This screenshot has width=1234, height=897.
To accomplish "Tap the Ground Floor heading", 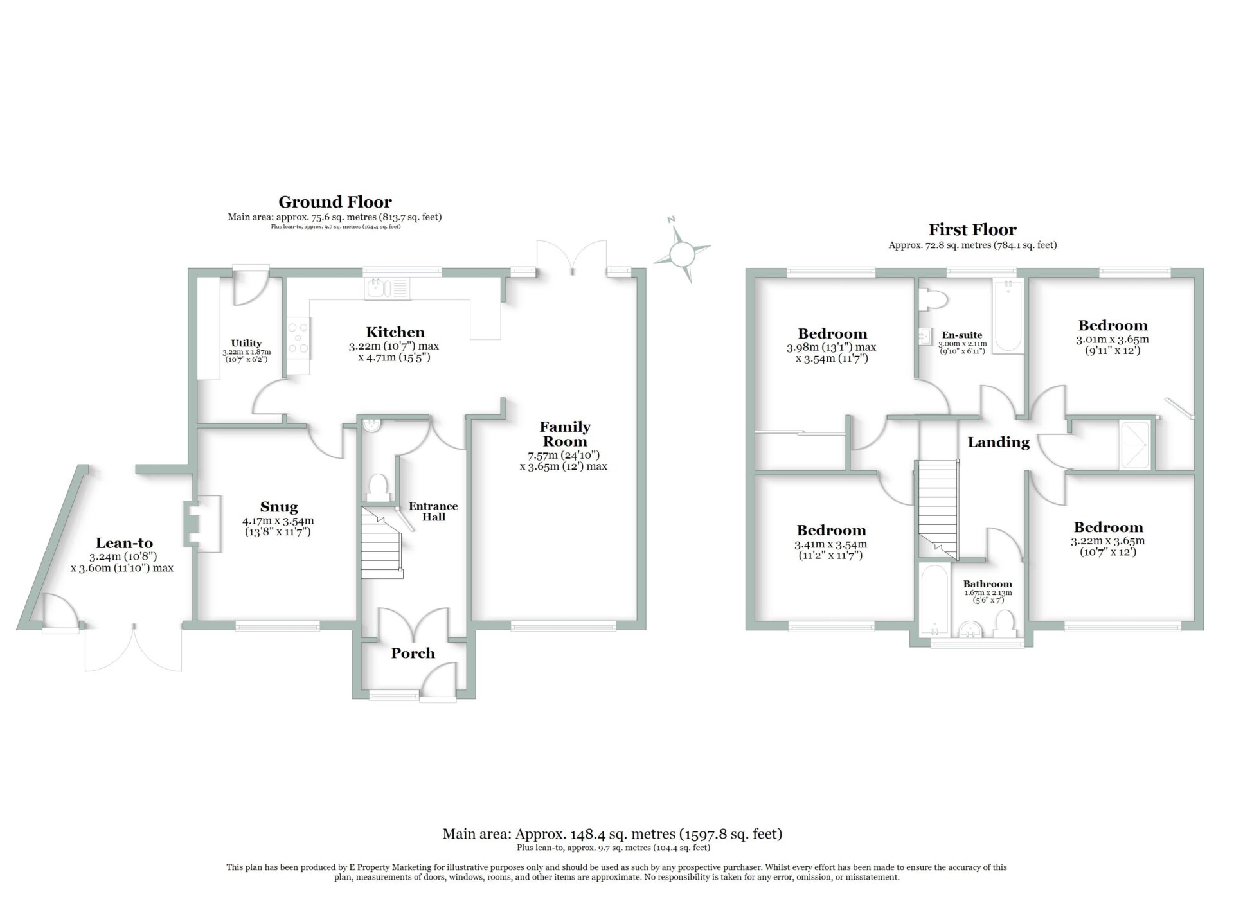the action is [x=335, y=202].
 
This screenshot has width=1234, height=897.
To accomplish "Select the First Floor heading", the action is [x=972, y=229].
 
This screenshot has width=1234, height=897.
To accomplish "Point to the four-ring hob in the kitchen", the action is [x=298, y=338].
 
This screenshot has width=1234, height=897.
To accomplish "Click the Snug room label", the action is [x=279, y=507].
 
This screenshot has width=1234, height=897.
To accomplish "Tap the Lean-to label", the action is [x=124, y=543].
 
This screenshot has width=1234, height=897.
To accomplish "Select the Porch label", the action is [x=413, y=653].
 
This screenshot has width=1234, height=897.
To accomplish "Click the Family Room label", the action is [x=565, y=434].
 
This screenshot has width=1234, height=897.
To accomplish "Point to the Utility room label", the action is [x=246, y=343].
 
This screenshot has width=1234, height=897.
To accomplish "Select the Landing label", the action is [x=998, y=442].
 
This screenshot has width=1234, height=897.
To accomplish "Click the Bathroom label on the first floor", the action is [x=987, y=584].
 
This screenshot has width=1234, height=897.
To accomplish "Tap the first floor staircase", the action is [x=937, y=508].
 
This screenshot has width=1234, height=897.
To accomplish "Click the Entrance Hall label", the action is [x=434, y=511].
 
